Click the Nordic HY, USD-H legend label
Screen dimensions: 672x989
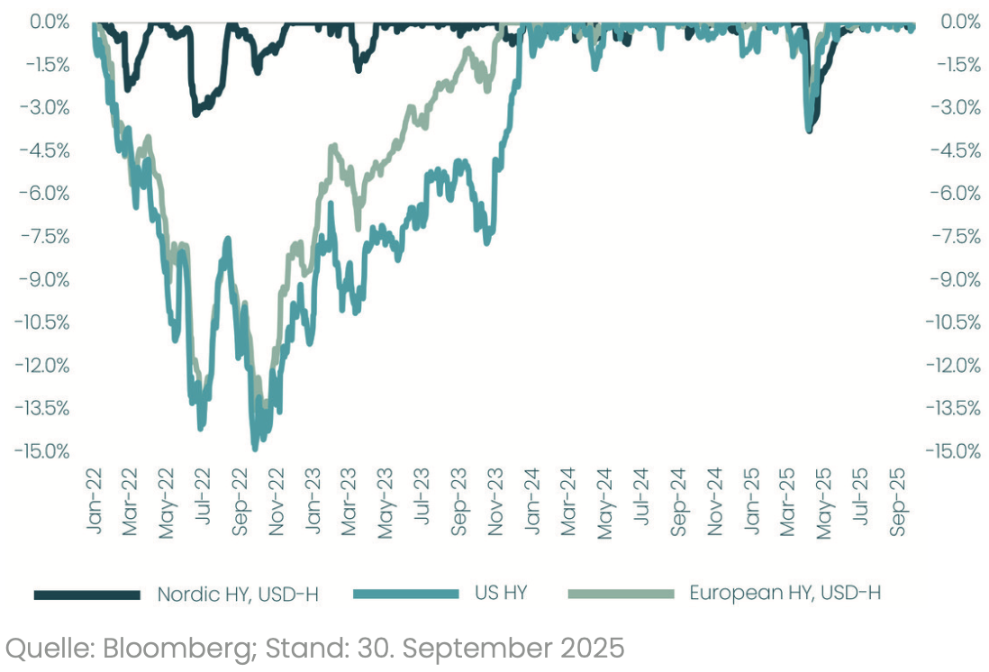(x=238, y=594)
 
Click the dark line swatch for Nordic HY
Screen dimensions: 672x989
(x=87, y=595)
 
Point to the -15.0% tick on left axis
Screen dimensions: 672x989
(x=43, y=450)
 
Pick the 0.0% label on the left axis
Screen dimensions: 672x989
(x=50, y=22)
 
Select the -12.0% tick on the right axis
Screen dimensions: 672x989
(x=953, y=365)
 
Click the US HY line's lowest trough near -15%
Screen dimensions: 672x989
(x=255, y=447)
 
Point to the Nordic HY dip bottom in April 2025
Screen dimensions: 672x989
(x=810, y=131)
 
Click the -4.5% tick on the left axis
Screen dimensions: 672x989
(x=45, y=150)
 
